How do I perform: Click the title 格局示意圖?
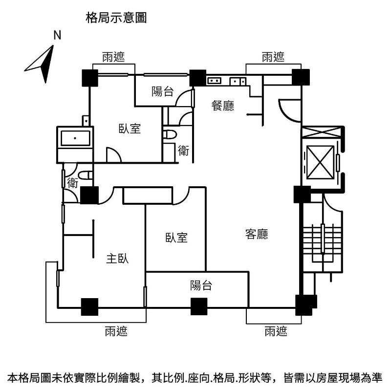pos(116,18)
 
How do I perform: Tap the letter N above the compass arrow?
pos(57,35)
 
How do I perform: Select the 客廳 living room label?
pos(257,234)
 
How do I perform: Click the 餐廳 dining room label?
pos(222,106)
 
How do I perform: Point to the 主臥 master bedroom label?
pos(117,259)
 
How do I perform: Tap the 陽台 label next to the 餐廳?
pos(162,91)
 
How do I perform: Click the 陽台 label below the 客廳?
pos(201,285)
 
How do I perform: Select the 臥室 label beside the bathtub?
pos(130,129)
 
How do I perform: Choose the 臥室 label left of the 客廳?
pos(176,238)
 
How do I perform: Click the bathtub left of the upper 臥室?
pos(75,137)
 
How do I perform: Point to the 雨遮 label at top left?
pos(113,57)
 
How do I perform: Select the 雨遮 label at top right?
pos(273,57)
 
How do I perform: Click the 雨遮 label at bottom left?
pos(116,332)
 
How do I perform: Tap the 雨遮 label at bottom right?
pos(276,332)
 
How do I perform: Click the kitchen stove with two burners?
pos(215,81)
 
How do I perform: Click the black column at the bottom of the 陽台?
pos(198,306)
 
